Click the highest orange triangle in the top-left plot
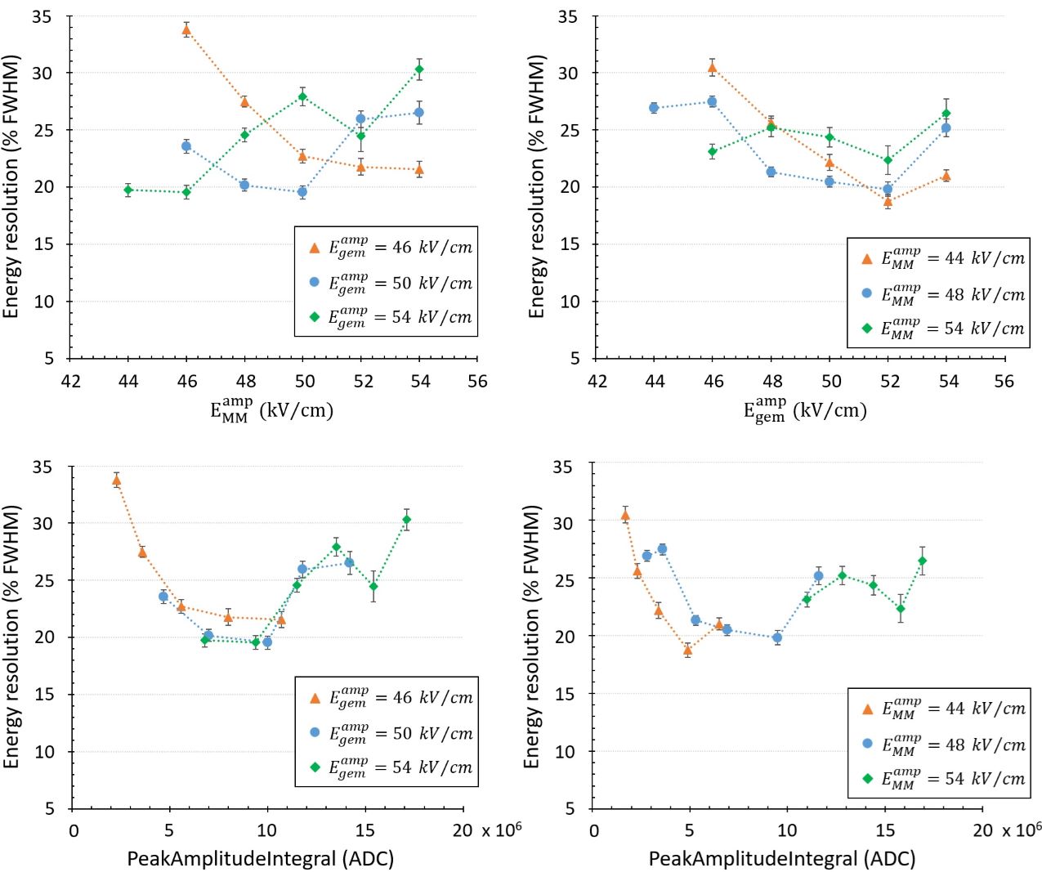(x=186, y=30)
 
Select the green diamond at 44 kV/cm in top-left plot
(x=128, y=190)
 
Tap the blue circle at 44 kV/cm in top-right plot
(x=654, y=107)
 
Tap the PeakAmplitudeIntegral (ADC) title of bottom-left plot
(x=260, y=858)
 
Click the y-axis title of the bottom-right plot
(x=532, y=637)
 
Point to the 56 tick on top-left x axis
(x=477, y=381)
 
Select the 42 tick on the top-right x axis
(x=597, y=381)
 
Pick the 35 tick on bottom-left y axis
(x=43, y=467)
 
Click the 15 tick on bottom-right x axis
(x=885, y=830)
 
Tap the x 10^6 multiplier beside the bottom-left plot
(x=501, y=830)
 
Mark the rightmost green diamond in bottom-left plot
(x=406, y=520)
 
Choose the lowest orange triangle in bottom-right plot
(x=688, y=651)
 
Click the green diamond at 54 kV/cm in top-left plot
(x=419, y=69)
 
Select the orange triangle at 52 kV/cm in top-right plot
(x=888, y=202)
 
